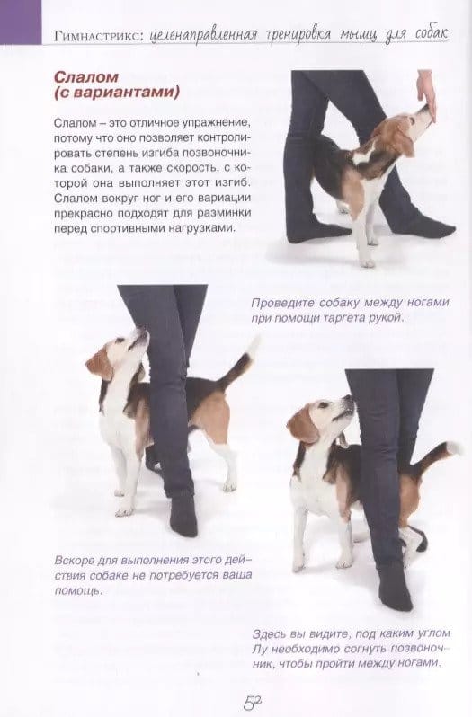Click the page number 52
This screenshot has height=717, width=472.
point(252,703)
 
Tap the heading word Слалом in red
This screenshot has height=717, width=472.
point(86,76)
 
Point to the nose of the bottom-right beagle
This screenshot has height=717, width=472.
point(350,399)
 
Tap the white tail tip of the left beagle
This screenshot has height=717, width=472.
point(253,343)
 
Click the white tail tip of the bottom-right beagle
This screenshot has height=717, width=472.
point(454,447)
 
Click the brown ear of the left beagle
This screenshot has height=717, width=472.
point(99,363)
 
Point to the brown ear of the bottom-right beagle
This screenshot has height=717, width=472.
point(301,425)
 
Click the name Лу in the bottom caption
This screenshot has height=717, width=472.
point(259,650)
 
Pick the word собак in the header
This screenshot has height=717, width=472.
point(432,34)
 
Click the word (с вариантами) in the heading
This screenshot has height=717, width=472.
point(117,93)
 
